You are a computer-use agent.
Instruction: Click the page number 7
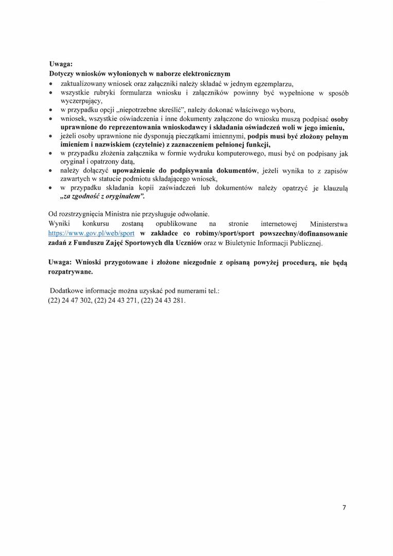344,507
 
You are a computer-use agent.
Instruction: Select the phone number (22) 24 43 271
116,300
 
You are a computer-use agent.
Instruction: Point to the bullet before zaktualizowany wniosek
51,83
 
